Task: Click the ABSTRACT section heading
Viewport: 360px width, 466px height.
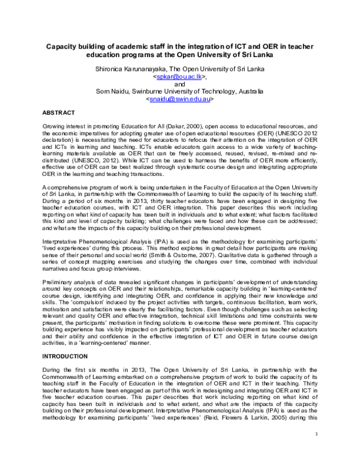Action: point(58,113)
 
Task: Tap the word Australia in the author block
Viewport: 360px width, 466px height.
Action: point(248,91)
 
